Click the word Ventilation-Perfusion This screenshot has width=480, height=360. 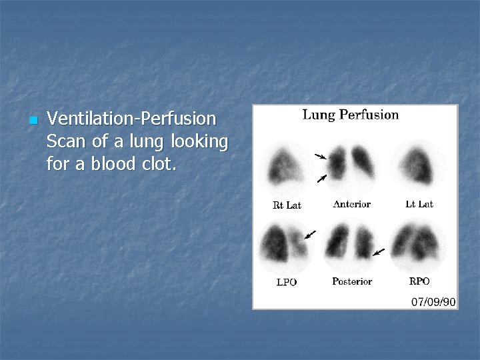[x=132, y=119]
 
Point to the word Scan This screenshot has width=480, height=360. [x=65, y=141]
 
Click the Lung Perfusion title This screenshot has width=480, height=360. [x=351, y=115]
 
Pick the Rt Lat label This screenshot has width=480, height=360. [x=287, y=205]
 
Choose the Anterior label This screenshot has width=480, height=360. [x=351, y=204]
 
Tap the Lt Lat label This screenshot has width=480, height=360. [x=419, y=204]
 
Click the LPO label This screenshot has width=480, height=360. [x=287, y=282]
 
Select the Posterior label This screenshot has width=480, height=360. [x=352, y=281]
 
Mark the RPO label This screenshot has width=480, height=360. [x=419, y=281]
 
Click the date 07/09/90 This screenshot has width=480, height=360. [x=433, y=302]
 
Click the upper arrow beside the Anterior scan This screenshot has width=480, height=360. [x=321, y=157]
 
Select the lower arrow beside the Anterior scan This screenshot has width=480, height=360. [x=322, y=178]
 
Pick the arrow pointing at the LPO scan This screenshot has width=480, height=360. [x=310, y=234]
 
